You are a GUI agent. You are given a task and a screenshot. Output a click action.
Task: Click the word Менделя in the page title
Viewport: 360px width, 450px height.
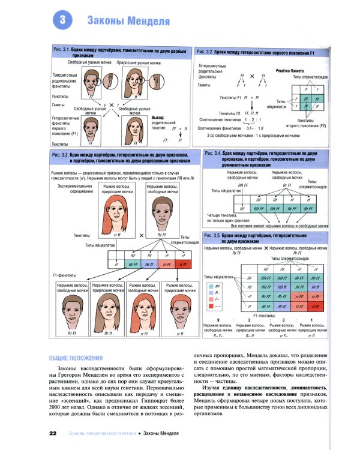point(143,22)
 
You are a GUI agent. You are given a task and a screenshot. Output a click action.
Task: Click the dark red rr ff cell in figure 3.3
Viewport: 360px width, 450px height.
point(184,263)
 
